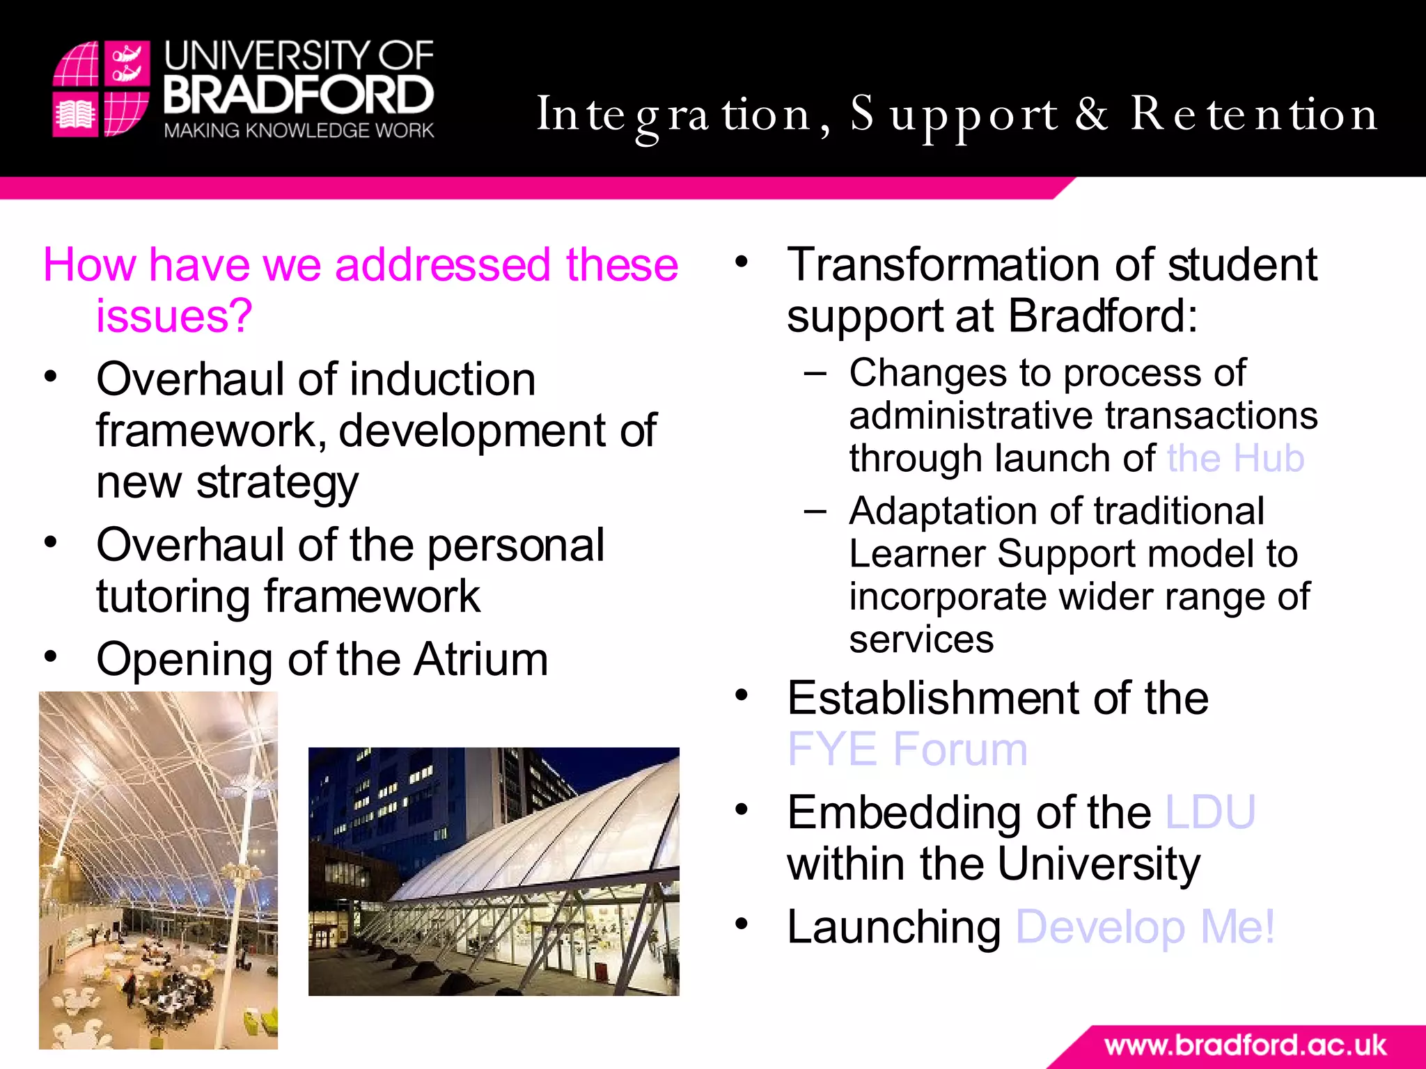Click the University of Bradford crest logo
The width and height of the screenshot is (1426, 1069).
(102, 89)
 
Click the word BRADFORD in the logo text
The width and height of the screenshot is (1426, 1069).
(299, 95)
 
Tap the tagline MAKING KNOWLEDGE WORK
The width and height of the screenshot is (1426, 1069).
(299, 131)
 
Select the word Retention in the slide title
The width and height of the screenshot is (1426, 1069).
(1253, 113)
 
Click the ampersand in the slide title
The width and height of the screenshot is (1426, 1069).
(1091, 113)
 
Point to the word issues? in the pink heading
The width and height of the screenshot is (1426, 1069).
(174, 316)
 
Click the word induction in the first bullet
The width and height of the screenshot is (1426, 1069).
(443, 380)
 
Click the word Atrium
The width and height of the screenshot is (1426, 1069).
(480, 660)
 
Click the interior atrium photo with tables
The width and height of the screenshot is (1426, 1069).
(158, 870)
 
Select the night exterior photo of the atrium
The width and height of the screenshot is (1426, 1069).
(494, 871)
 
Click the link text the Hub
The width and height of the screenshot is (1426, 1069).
(1235, 459)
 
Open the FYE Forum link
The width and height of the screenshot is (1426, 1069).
(907, 750)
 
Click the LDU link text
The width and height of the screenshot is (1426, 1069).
(1210, 812)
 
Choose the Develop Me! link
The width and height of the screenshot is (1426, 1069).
(1145, 927)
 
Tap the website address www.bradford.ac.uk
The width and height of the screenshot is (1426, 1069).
(1245, 1045)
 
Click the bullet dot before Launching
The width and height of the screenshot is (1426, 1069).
(742, 924)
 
